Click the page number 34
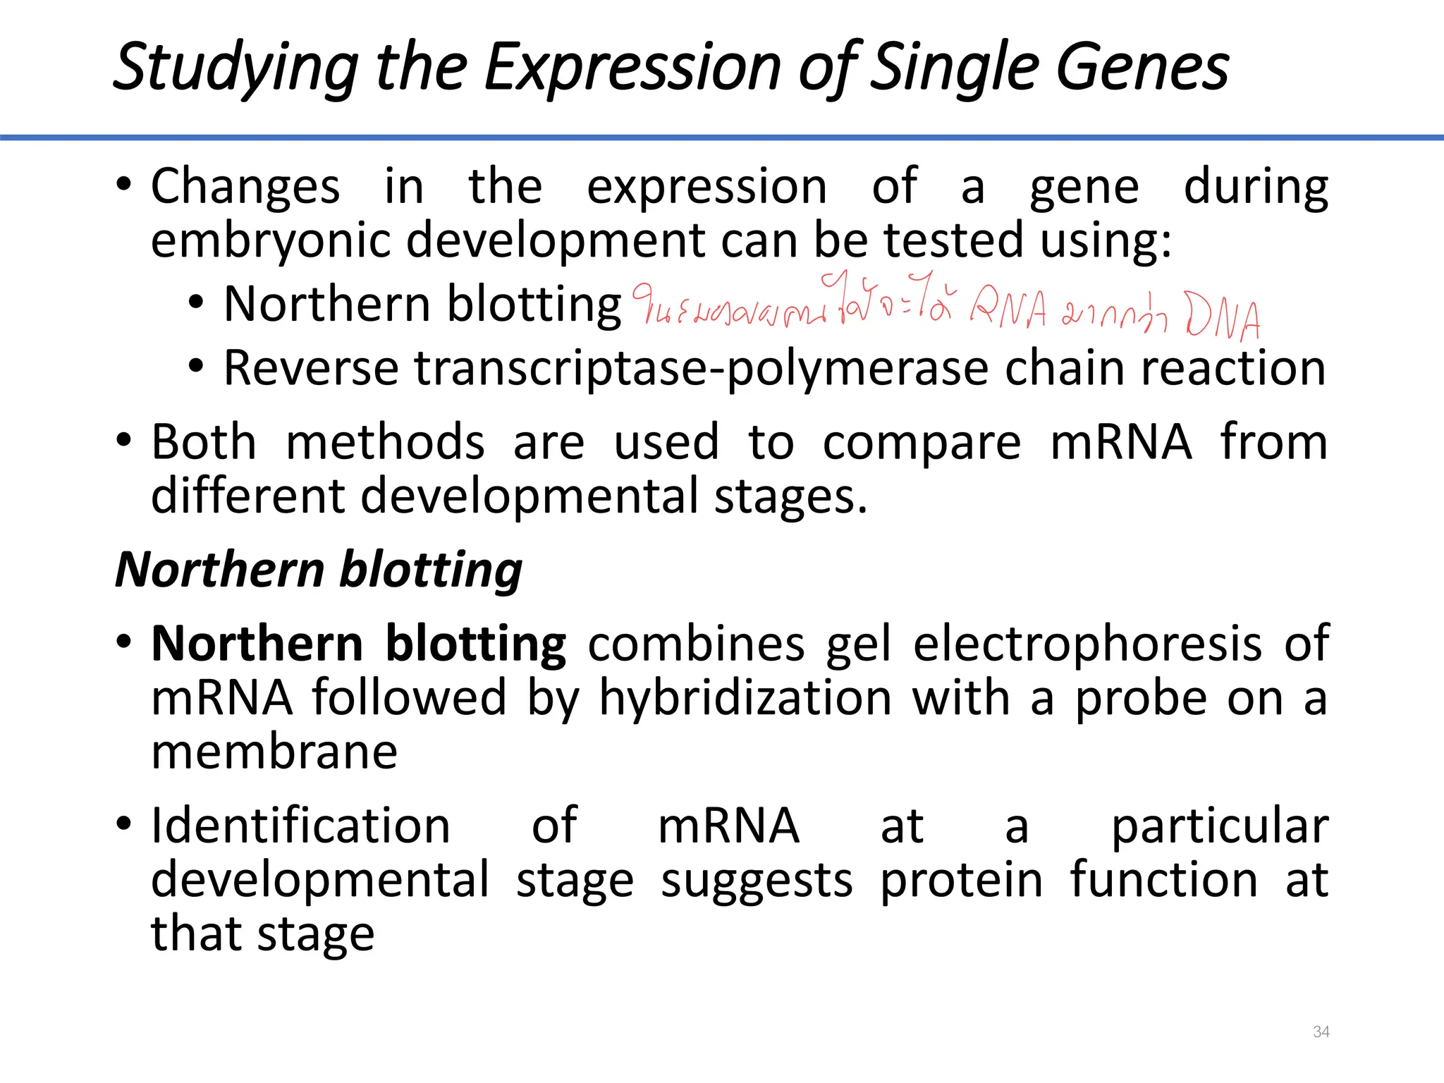(x=1321, y=1032)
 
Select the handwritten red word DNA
(x=1223, y=315)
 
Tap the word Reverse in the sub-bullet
(x=311, y=368)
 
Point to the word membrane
(x=274, y=752)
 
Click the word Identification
(x=300, y=826)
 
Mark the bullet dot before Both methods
(x=124, y=441)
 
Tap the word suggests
(x=756, y=881)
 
